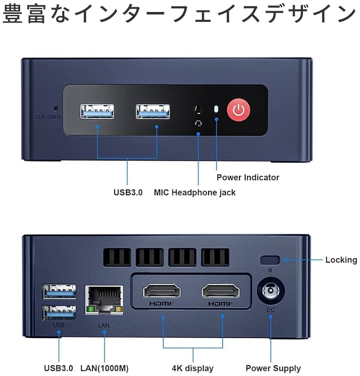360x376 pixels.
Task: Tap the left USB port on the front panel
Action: point(97,112)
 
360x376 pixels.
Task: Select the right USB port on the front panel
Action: point(153,112)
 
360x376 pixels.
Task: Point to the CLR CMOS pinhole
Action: point(56,109)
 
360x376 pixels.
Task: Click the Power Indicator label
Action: point(248,177)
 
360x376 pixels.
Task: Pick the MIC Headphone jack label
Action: point(195,193)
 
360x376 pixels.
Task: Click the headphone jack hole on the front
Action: point(198,110)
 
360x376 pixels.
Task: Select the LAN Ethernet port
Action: point(104,299)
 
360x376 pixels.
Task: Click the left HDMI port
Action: point(162,291)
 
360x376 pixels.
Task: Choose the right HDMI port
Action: point(221,291)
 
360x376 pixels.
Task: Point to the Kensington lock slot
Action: point(270,260)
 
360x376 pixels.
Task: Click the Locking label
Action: point(341,260)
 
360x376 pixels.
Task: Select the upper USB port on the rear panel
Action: point(59,290)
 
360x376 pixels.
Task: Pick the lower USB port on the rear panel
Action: point(59,311)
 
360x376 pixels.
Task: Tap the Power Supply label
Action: point(273,368)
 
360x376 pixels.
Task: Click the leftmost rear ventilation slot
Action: point(117,258)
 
